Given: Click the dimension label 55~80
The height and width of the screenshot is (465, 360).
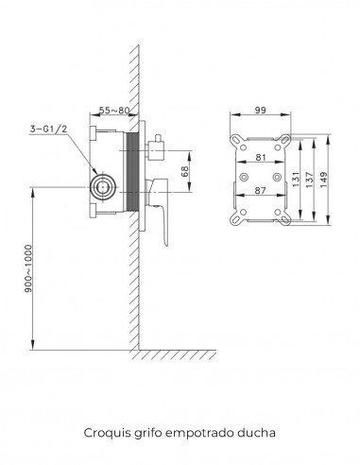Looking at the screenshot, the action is (x=114, y=111).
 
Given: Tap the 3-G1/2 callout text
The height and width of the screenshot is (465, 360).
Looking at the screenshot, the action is (x=48, y=129).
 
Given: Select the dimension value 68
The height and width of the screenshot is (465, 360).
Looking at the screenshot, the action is (x=185, y=171).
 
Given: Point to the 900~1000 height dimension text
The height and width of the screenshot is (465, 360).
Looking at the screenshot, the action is (x=28, y=268).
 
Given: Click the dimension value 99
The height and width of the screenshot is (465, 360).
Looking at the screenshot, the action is (x=261, y=110).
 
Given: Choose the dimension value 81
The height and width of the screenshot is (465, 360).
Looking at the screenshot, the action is (x=261, y=157).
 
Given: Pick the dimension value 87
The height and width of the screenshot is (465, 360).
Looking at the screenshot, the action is (x=261, y=190).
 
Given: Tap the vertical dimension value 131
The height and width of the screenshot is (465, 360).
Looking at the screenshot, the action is (x=296, y=179).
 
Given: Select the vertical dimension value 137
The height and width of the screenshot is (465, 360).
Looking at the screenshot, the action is (x=309, y=180).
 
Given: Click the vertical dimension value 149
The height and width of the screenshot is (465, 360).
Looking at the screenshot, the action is (x=323, y=180).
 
